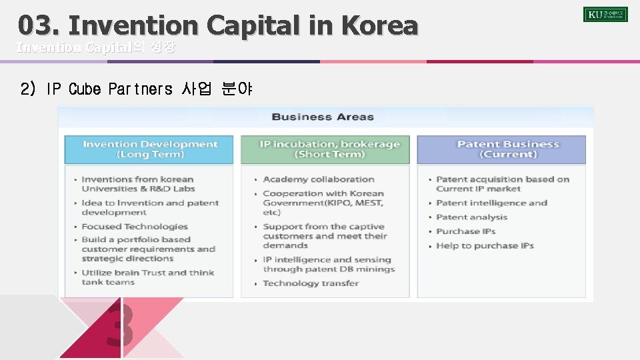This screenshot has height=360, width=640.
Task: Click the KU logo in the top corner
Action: coord(605,14)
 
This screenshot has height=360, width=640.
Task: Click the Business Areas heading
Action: coord(323,117)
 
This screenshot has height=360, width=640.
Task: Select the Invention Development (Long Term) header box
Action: coord(149,149)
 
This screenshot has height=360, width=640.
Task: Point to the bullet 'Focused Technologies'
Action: coord(135,227)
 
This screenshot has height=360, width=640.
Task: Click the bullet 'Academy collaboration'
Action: coord(319,179)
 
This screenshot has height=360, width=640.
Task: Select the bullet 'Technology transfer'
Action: coord(311,283)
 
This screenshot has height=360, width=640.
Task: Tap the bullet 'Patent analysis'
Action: coord(471,217)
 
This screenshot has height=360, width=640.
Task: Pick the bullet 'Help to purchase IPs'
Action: coord(485,246)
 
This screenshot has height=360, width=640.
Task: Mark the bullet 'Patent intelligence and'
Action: coord(491,203)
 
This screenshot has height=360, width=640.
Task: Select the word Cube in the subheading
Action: coord(83,89)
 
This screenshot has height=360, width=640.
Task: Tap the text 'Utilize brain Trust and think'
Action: coord(148,273)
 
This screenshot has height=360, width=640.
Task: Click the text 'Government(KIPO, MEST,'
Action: coord(323,203)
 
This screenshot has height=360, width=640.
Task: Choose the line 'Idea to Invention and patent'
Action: coord(150,203)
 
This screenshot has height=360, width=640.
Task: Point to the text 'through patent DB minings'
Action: coord(329,269)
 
